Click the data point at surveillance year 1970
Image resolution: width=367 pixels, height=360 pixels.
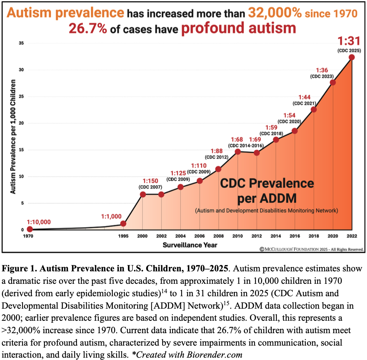click(30, 229)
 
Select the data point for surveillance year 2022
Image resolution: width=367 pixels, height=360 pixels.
click(351, 58)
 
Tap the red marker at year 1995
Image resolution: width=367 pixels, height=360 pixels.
click(123, 224)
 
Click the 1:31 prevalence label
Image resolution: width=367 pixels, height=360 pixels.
click(349, 41)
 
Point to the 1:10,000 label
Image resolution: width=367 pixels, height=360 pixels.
click(38, 222)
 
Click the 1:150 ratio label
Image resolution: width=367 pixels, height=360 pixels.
click(150, 181)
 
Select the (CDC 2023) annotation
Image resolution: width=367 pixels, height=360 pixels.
click(322, 76)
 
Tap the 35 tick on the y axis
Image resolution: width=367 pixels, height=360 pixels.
click(21, 43)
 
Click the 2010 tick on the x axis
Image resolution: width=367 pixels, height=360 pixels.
click(238, 236)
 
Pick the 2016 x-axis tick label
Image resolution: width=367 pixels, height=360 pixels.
click(295, 236)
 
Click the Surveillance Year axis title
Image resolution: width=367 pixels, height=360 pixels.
click(190, 245)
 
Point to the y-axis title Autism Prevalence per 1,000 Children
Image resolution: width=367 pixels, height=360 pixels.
click(13, 136)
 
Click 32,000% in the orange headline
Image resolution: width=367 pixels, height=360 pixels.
click(275, 12)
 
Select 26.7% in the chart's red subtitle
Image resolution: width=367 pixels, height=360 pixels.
click(88, 29)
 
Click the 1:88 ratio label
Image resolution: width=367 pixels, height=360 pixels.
click(217, 151)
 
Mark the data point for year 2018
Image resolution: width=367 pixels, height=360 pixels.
click(314, 110)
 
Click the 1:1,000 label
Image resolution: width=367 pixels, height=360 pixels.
click(111, 217)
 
